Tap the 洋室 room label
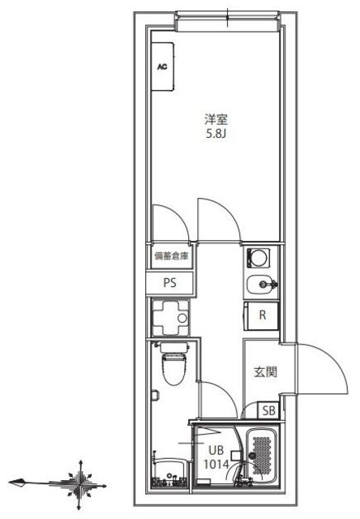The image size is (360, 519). [x=216, y=118]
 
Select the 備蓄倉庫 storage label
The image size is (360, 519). [x=171, y=257]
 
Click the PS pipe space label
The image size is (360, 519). [x=170, y=283]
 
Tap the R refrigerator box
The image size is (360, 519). [x=262, y=316]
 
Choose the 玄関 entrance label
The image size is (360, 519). [x=266, y=372]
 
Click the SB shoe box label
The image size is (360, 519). [x=269, y=411]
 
